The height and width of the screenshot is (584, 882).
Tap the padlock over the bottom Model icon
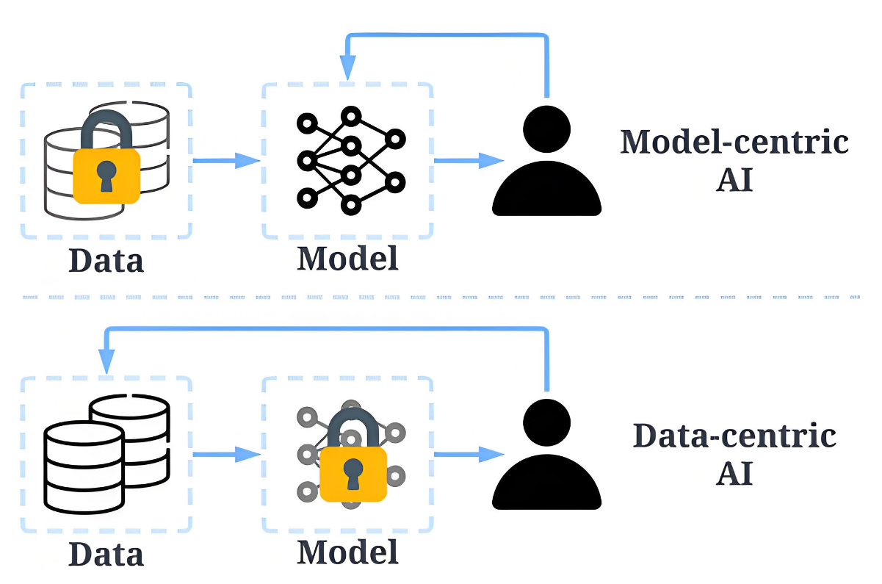point(353,459)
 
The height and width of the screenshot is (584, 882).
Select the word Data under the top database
point(106,260)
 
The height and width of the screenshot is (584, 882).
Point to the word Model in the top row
point(347,258)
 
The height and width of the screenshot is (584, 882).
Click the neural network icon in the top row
point(350,158)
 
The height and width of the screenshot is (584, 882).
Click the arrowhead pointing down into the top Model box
point(347,70)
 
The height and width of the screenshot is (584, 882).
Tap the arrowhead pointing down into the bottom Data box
point(106,361)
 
